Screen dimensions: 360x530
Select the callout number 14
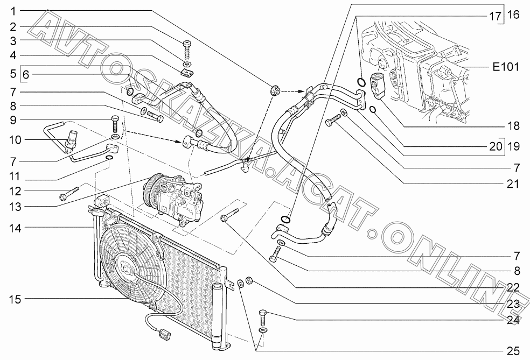pos(16,228)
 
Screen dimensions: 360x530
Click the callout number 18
pos(513,126)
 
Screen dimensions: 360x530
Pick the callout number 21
pos(513,183)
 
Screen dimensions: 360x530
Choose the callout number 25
pos(513,351)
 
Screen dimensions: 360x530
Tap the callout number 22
pos(513,287)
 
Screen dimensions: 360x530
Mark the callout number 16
pos(513,15)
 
